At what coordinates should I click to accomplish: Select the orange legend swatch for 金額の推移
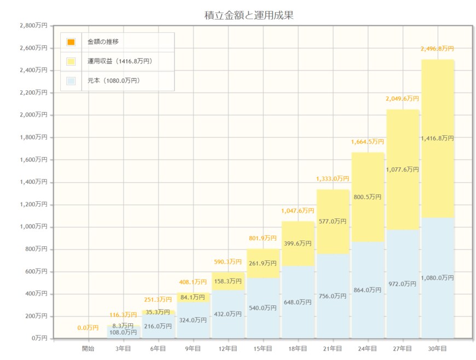[71, 42]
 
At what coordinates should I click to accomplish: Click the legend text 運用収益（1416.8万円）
[120, 61]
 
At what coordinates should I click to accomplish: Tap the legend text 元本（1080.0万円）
[114, 81]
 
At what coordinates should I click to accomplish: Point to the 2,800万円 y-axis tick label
[33, 26]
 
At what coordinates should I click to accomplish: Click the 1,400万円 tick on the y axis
[33, 182]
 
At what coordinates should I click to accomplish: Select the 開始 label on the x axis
[88, 349]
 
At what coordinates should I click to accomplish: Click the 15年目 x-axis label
[263, 349]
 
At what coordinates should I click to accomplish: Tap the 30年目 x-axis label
[437, 349]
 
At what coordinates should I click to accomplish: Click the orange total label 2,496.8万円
[437, 49]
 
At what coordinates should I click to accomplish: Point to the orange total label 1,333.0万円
[332, 179]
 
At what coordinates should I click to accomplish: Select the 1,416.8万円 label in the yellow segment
[437, 138]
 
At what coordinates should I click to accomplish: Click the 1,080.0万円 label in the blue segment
[437, 278]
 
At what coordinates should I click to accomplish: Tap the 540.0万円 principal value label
[263, 308]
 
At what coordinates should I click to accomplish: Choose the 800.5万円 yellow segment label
[367, 197]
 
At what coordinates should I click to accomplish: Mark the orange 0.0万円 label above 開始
[88, 328]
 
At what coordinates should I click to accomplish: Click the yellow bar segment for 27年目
[402, 197]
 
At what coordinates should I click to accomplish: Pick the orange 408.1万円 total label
[193, 282]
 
